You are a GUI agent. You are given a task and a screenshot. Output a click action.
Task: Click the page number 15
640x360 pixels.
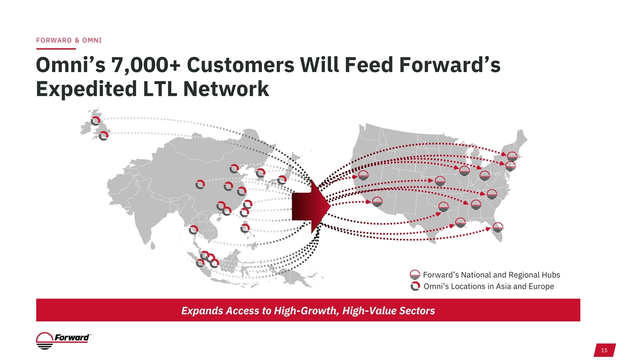coord(604,350)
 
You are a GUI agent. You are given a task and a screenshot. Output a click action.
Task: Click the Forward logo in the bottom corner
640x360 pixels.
coord(63,341)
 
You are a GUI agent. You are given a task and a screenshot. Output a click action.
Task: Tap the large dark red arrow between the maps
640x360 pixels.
coord(311,206)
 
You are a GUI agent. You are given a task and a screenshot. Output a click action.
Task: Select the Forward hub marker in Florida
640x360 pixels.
coord(498,227)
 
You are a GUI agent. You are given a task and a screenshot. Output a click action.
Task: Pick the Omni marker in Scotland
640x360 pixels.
coord(95,121)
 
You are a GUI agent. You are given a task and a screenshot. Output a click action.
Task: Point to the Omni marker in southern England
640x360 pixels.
coord(103,135)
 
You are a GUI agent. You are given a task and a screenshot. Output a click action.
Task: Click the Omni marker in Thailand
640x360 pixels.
coord(194,230)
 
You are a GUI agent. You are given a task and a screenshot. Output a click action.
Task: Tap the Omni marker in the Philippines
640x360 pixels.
coord(245,228)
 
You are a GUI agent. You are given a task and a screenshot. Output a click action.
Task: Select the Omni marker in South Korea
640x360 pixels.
coord(261,173)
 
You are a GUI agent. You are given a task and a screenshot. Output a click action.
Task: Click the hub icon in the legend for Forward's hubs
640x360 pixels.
coord(415,275)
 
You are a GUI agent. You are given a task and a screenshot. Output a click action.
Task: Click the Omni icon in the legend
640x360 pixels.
coord(415,286)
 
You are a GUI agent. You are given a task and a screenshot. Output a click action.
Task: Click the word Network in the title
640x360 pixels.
coord(226,89)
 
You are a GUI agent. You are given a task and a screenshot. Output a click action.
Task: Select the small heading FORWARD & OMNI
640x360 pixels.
coord(69,41)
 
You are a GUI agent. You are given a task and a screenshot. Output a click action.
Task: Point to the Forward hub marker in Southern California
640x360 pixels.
coord(378,202)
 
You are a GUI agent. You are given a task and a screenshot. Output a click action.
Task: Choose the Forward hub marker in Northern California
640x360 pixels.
coord(363,175)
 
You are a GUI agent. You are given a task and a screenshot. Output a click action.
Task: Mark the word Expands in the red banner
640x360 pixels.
coord(202,311)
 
